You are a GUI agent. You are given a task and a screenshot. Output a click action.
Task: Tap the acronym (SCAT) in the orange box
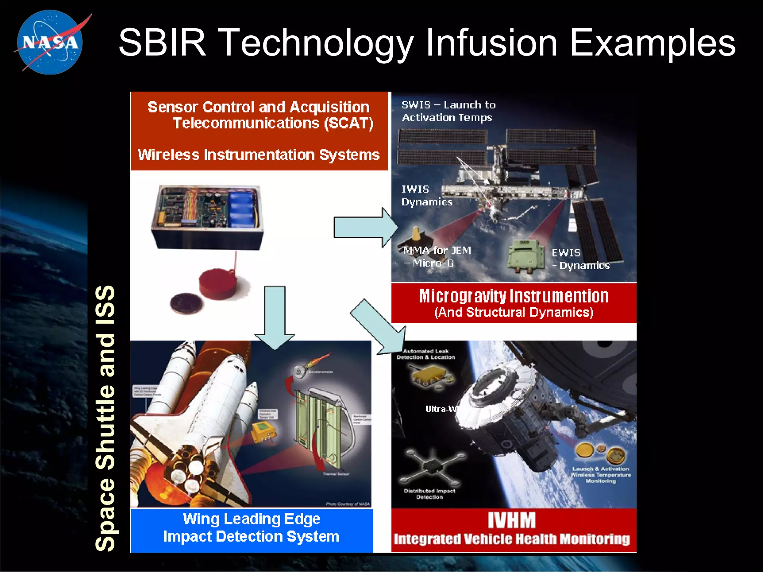(x=348, y=123)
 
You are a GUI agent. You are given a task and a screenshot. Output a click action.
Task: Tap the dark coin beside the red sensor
(x=186, y=304)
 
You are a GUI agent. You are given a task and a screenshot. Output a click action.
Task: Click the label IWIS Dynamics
(x=426, y=196)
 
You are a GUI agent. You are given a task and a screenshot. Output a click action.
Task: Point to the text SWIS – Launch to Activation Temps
(x=448, y=111)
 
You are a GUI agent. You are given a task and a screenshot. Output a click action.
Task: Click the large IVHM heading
(x=512, y=520)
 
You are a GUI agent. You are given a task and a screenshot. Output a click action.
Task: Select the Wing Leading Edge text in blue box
(x=251, y=519)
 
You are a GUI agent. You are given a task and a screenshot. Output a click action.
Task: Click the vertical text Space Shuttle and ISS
(x=105, y=417)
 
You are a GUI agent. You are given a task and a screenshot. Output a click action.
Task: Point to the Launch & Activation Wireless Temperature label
(x=601, y=475)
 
